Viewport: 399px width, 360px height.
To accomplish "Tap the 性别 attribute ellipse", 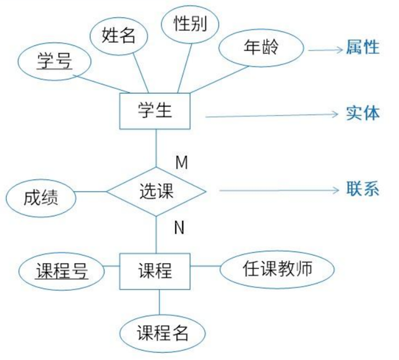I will coord(190,24).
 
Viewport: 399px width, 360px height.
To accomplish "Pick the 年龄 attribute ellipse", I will coord(261,48).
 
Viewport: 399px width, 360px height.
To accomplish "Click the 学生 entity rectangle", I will coord(155,111).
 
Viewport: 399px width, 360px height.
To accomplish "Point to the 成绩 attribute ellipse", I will coord(41,198).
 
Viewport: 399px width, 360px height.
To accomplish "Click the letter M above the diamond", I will coord(181,162).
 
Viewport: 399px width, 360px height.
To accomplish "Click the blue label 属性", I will coord(363,48).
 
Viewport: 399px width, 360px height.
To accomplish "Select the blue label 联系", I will coord(363,190).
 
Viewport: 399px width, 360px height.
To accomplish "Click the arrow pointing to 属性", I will coord(325,49).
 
